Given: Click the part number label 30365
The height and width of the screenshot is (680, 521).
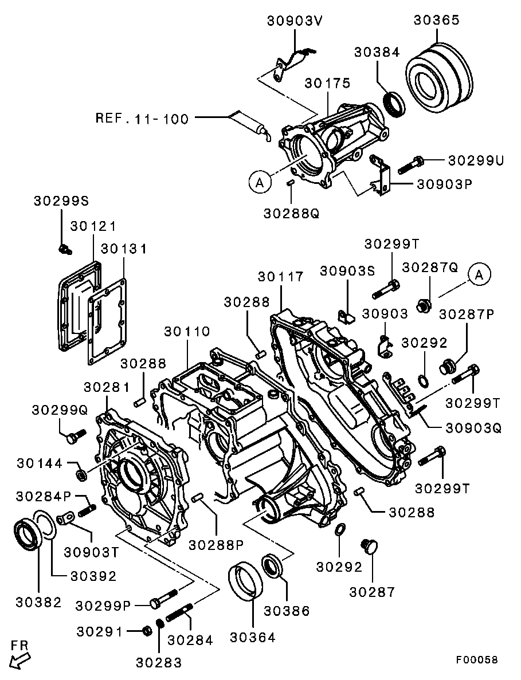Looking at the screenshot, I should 436,20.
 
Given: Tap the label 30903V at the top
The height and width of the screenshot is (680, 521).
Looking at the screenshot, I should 295,21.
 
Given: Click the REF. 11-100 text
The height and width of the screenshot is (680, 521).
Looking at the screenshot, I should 142,119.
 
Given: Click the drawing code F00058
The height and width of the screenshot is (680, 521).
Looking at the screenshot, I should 476,659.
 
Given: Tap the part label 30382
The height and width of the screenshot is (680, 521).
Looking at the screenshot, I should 38,602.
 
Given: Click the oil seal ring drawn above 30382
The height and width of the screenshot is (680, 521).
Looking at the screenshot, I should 26,534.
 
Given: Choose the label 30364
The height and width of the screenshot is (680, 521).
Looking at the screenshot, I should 253,637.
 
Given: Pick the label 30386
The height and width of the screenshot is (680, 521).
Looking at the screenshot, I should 287,611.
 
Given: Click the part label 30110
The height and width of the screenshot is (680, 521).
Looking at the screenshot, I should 187,332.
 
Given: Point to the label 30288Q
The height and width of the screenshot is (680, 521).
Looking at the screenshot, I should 291,213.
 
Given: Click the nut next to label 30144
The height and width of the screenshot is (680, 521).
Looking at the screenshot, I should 81,474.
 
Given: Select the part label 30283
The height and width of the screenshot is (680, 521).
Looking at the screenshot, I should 159,663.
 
